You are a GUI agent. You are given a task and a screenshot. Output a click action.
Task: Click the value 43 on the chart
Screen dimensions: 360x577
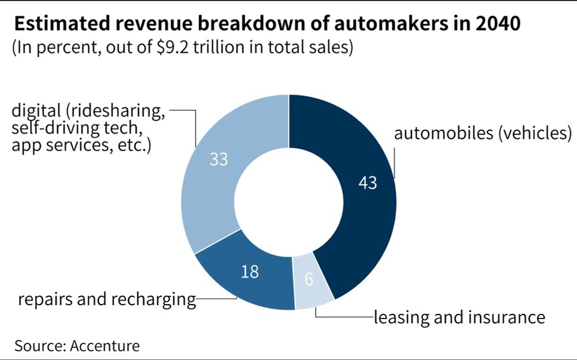click(x=368, y=183)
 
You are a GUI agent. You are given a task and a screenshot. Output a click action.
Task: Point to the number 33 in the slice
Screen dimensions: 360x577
click(x=219, y=159)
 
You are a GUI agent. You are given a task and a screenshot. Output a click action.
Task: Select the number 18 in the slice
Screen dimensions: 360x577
click(x=249, y=272)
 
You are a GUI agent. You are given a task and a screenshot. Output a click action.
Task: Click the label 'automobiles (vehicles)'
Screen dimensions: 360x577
click(x=482, y=134)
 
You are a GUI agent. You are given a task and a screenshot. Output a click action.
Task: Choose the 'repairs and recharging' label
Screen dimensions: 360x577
click(x=107, y=300)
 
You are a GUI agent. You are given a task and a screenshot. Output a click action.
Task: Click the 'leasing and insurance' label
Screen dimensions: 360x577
click(x=459, y=317)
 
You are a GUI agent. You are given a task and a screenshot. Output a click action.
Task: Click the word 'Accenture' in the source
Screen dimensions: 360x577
click(x=105, y=346)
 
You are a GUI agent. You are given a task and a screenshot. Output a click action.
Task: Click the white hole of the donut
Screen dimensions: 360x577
click(x=288, y=202)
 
